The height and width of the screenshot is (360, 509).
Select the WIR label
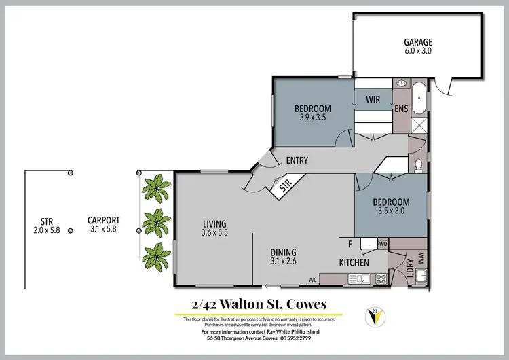(x=373, y=100)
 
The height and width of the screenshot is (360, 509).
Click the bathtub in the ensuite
(x=420, y=98)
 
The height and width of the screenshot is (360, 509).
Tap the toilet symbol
(x=419, y=164)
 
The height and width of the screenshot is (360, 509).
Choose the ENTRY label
(x=297, y=161)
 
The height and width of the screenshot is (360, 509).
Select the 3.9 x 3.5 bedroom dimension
(x=312, y=118)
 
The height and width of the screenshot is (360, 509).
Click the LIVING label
(x=214, y=224)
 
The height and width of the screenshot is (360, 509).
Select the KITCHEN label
(x=354, y=262)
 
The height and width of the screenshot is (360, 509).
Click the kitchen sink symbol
(x=358, y=278)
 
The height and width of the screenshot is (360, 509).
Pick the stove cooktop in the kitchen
(x=381, y=278)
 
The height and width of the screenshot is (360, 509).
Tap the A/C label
(x=313, y=279)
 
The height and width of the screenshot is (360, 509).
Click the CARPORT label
(x=104, y=220)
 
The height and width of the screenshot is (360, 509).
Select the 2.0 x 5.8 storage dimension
(x=47, y=230)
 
